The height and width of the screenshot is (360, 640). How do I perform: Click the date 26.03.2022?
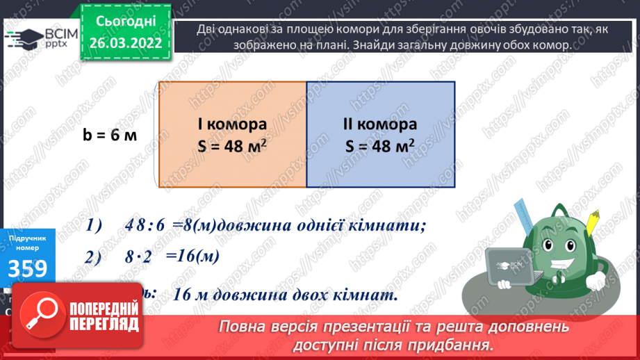coord(126,43)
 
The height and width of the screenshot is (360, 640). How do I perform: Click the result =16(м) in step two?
coord(192,256)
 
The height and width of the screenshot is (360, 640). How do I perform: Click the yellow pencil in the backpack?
coord(593,222)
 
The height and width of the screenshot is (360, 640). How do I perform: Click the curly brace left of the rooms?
coord(156,135)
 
